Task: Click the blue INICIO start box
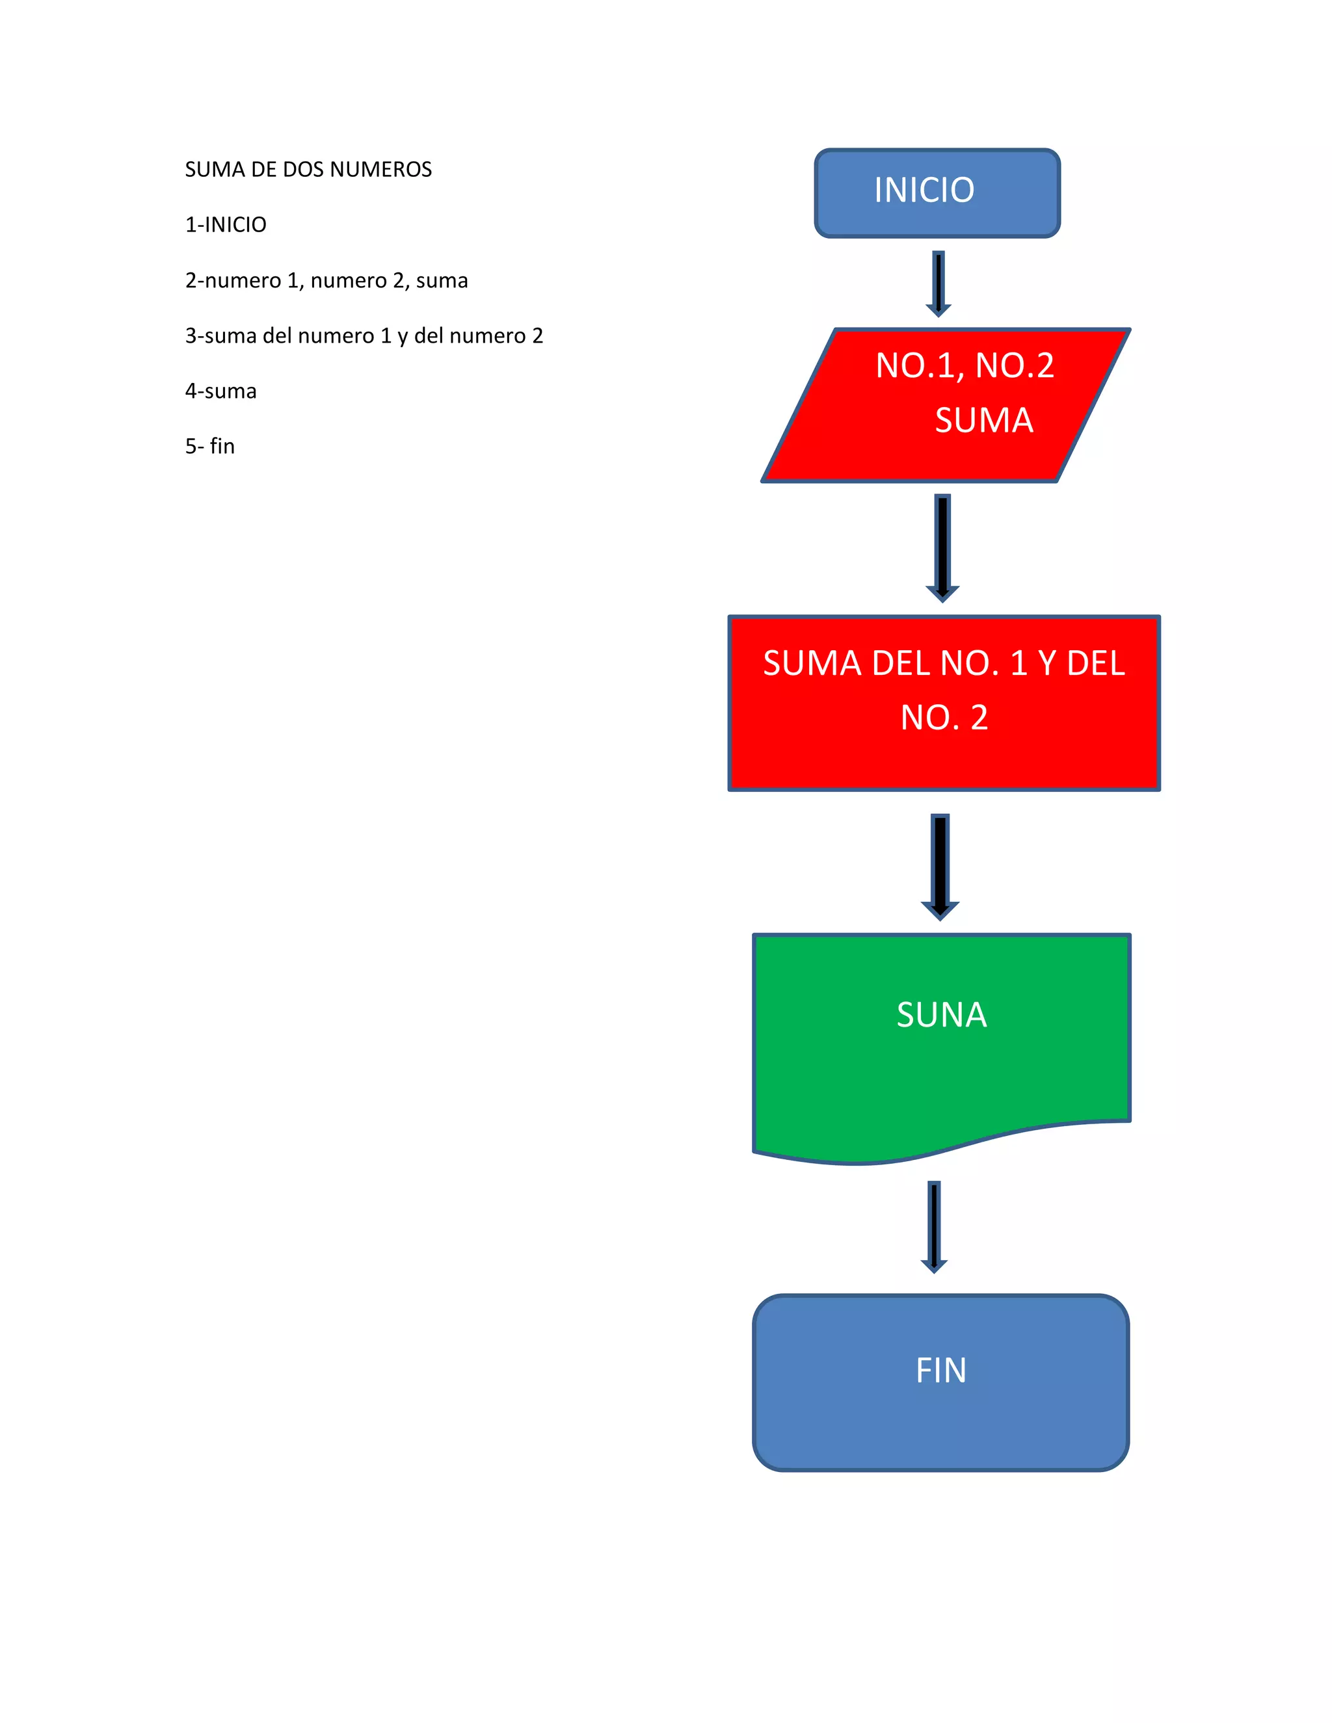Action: click(x=937, y=193)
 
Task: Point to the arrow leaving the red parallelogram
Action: click(x=942, y=547)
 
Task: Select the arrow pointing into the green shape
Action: click(x=940, y=865)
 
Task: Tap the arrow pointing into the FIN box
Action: click(x=935, y=1226)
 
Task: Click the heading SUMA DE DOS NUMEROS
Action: click(x=308, y=170)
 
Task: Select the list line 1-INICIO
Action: click(x=226, y=225)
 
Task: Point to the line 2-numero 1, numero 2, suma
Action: click(x=326, y=281)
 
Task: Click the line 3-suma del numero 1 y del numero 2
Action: click(x=364, y=336)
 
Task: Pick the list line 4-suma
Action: click(x=221, y=391)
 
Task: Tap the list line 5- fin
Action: click(x=210, y=447)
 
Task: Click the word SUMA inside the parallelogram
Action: click(x=984, y=420)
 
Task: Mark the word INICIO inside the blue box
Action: click(x=924, y=190)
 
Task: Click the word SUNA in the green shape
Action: click(x=941, y=1014)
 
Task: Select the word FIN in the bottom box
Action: click(x=940, y=1371)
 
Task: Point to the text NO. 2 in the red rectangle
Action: click(x=944, y=717)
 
